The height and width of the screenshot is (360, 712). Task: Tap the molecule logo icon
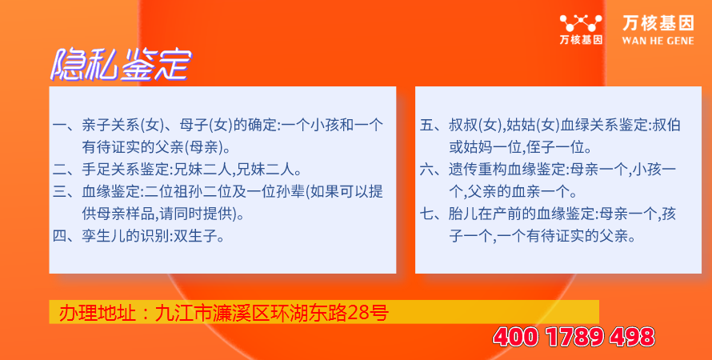[x=581, y=23]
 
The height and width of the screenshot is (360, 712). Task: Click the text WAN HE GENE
[x=658, y=41]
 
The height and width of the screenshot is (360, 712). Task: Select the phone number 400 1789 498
[x=574, y=337]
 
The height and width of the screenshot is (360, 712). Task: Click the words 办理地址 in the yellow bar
[x=97, y=313]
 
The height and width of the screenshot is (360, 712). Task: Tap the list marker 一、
[x=66, y=126]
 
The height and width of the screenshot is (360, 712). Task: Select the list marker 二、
[x=66, y=170]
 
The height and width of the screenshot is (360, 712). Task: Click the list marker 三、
[x=66, y=192]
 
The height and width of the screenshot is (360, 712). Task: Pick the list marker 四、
[x=66, y=237]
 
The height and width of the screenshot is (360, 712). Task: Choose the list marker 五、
[x=434, y=126]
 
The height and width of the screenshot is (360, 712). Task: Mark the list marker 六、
[x=434, y=170]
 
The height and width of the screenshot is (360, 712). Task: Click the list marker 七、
[x=434, y=214]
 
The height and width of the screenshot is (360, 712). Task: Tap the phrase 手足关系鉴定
[x=126, y=170]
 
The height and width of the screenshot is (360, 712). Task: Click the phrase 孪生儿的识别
[x=126, y=237]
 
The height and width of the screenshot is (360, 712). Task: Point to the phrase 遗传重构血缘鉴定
[x=507, y=170]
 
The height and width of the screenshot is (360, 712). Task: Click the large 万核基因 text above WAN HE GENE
[x=658, y=23]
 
